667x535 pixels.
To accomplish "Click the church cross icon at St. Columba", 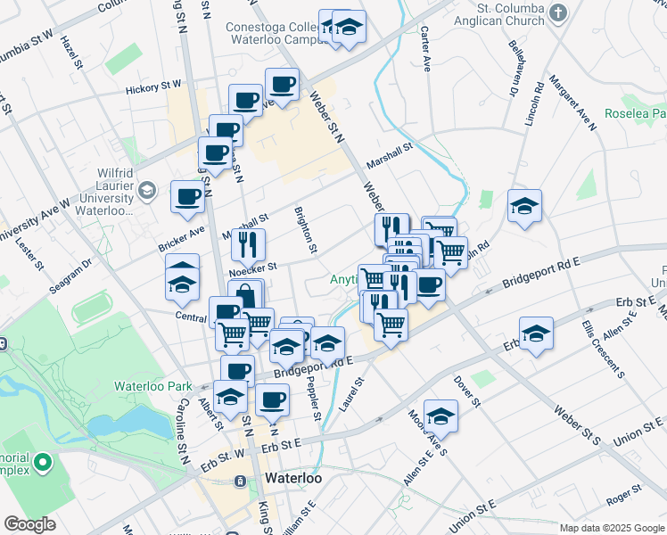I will [x=558, y=12].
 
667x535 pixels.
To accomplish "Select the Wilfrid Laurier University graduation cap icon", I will [x=146, y=190].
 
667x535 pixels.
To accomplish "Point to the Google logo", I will [x=29, y=524].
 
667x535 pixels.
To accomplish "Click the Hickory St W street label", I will [x=152, y=86].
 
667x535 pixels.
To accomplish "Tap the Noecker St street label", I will [x=252, y=266].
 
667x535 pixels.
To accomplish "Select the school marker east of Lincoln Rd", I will [x=524, y=207].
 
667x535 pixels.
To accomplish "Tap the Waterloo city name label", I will [x=293, y=479].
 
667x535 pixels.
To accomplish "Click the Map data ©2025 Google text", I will [x=611, y=528].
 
